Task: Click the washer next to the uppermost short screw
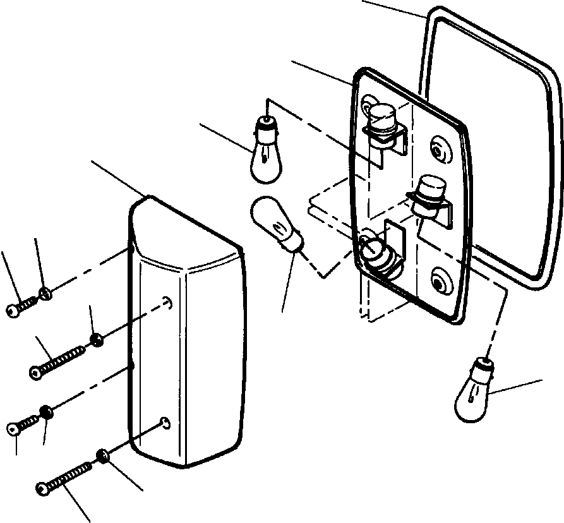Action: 45,292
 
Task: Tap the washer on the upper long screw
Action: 97,342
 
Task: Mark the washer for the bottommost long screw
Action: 102,455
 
